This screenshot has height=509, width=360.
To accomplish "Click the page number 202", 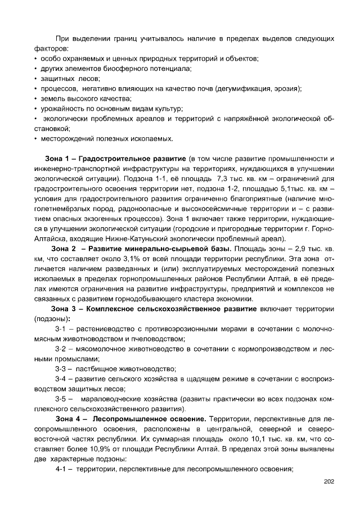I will pos(329,481).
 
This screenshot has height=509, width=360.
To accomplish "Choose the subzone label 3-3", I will pos(61,368).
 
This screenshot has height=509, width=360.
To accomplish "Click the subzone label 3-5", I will pos(61,399).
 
